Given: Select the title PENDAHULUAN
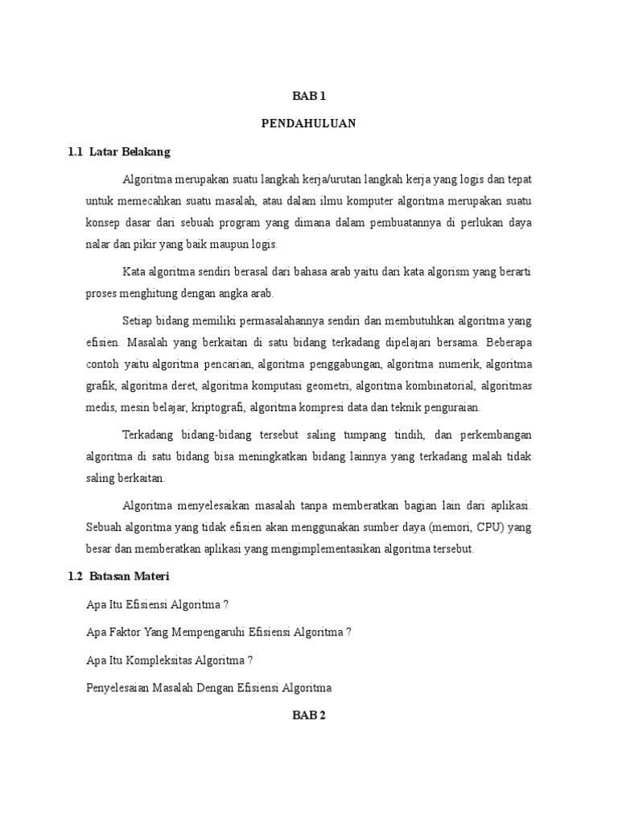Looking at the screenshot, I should coord(308,124).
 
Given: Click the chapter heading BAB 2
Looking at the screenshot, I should coord(308,715).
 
